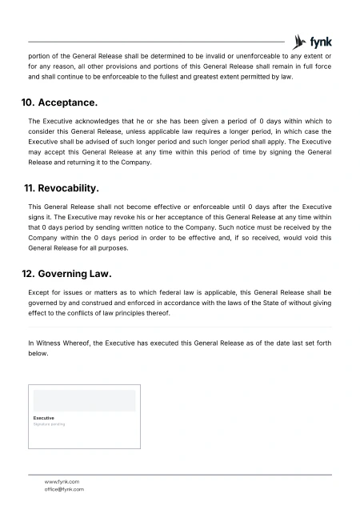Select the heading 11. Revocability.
pos(63,189)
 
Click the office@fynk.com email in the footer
pos(64,488)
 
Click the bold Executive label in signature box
pos(44,417)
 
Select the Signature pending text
pos(48,424)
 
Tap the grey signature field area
pos(84,400)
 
